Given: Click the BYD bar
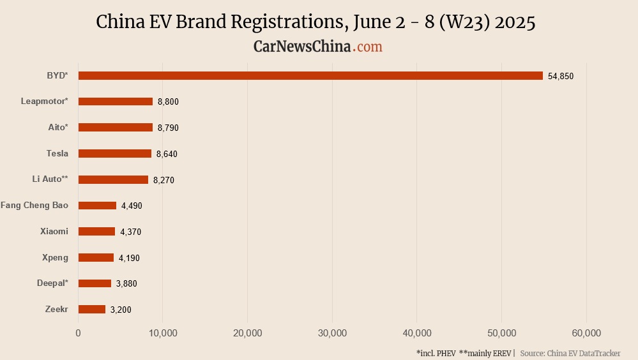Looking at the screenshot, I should click(x=310, y=75).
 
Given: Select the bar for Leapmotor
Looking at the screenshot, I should click(x=116, y=101).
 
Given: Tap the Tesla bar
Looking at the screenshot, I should click(x=115, y=153).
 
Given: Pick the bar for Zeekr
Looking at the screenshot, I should click(x=92, y=309).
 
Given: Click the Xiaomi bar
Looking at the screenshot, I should click(x=96, y=232).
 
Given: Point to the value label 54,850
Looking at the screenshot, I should click(x=561, y=76).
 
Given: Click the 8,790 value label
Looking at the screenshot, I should click(x=168, y=128).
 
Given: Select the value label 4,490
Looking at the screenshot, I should click(x=132, y=206).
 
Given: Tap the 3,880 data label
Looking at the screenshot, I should click(x=126, y=283).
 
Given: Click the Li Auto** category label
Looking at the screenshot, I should click(x=50, y=179).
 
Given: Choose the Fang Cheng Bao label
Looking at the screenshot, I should click(x=34, y=206).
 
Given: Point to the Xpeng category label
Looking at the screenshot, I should click(x=56, y=257).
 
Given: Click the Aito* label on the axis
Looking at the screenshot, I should click(x=58, y=127).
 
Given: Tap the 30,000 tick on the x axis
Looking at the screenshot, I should click(x=332, y=333).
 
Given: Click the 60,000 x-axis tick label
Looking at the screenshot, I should click(x=586, y=333).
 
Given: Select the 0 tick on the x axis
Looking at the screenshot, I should click(x=78, y=333).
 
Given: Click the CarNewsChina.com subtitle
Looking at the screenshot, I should click(x=318, y=47).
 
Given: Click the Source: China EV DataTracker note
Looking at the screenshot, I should click(x=570, y=353).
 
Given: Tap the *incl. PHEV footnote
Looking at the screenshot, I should click(x=436, y=353).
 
